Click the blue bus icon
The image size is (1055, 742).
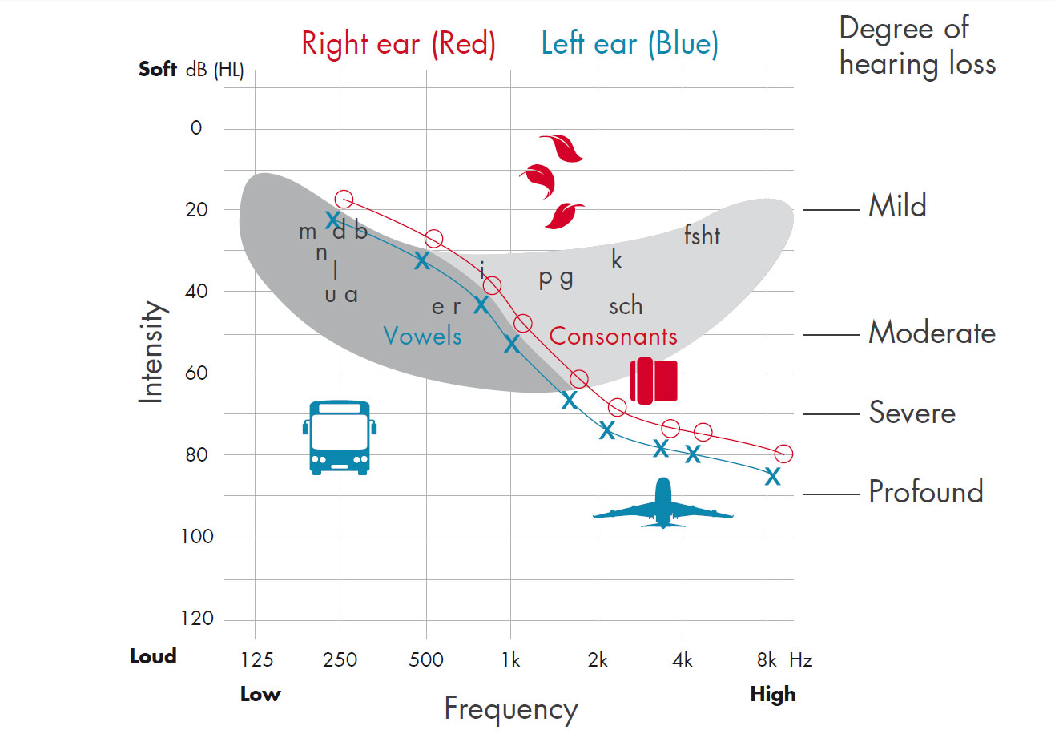[x=340, y=438]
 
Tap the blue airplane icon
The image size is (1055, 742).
[x=662, y=504]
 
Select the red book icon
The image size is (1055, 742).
[x=654, y=381]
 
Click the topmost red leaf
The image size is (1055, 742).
[x=562, y=148]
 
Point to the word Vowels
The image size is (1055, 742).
[x=422, y=336]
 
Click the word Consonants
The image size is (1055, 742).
[x=613, y=337]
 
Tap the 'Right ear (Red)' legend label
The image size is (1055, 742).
[x=398, y=43]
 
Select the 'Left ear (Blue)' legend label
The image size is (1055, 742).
[x=630, y=43]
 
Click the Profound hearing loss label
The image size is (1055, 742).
[x=926, y=492]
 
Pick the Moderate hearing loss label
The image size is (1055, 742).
[x=932, y=333]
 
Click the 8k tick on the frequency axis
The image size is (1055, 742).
[x=767, y=660]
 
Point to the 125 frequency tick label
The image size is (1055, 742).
[x=257, y=660]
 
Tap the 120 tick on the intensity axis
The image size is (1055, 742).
[x=197, y=618]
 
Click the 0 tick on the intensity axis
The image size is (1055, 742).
[x=196, y=128]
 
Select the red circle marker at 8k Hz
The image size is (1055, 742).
[x=783, y=454]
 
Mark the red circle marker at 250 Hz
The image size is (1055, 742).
[x=344, y=200]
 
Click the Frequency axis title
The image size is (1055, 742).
[x=510, y=709]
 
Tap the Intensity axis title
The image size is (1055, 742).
[x=151, y=352]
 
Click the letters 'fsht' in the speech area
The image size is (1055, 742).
[x=702, y=236]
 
